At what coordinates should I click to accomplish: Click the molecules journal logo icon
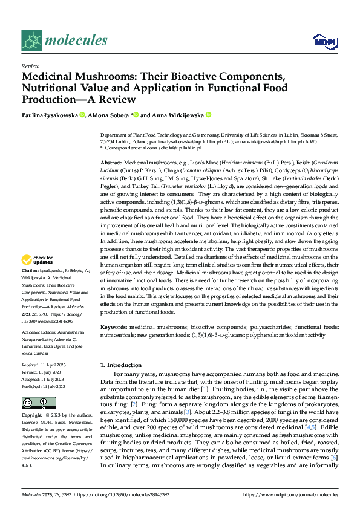click(32, 41)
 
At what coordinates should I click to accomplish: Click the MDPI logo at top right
click(321, 41)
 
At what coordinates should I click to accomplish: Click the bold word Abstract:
click(111, 164)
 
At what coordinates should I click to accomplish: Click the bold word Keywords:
click(114, 326)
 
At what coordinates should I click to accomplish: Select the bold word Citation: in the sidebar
click(30, 287)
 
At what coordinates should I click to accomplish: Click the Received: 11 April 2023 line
click(45, 366)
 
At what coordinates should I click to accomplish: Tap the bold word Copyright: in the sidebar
click(32, 416)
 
